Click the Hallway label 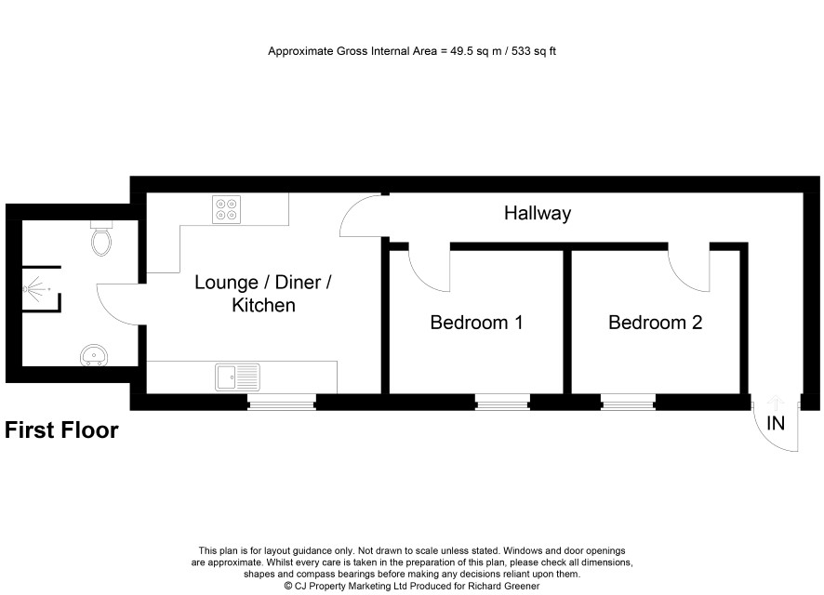[x=537, y=213]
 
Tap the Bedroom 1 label [x=477, y=323]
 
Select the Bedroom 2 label [x=656, y=323]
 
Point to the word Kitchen [x=263, y=305]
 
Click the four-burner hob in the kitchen [x=227, y=209]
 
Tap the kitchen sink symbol [x=237, y=377]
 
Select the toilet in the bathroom [x=101, y=238]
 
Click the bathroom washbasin [x=94, y=355]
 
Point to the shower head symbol [x=35, y=289]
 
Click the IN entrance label [x=776, y=423]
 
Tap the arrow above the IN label [x=776, y=403]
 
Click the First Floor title [x=61, y=430]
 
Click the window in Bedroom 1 [x=502, y=403]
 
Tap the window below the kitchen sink [x=282, y=403]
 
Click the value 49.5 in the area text [x=461, y=51]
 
